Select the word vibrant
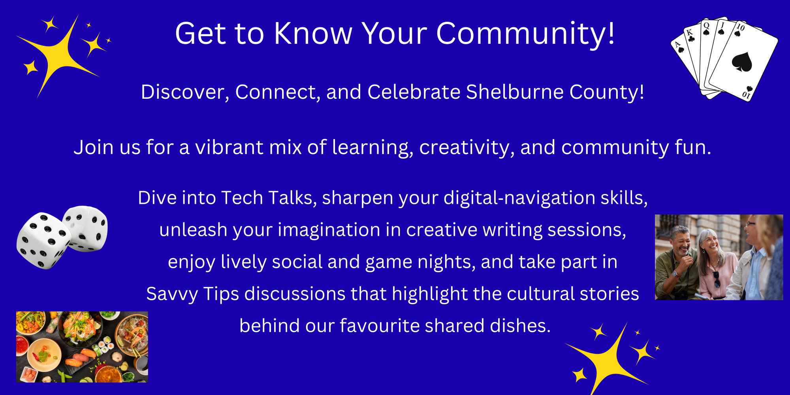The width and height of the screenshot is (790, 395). click(x=229, y=147)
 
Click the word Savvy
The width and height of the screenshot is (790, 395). click(x=172, y=294)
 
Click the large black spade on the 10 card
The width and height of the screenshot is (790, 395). click(x=742, y=62)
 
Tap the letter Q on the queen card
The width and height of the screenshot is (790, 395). click(x=706, y=26)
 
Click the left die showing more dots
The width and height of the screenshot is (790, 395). click(x=43, y=241)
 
